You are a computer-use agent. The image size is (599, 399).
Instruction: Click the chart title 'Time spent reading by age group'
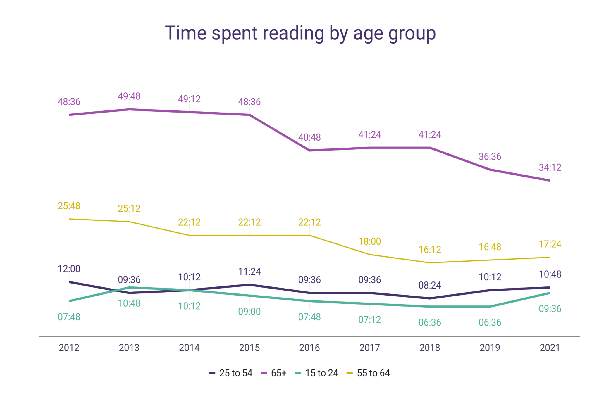[x=300, y=33]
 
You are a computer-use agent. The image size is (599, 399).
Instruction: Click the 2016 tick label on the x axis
[x=309, y=348]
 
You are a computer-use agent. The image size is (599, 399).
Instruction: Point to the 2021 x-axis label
[x=550, y=348]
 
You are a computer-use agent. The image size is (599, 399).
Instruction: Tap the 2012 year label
[x=69, y=348]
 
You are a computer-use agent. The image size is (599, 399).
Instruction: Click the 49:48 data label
[x=129, y=96]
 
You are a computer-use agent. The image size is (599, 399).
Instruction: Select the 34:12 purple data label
[x=550, y=167]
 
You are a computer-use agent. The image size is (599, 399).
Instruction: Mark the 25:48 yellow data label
[x=69, y=206]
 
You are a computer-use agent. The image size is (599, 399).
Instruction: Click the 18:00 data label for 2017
[x=370, y=241]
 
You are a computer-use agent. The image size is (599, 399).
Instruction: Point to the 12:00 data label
[x=69, y=269]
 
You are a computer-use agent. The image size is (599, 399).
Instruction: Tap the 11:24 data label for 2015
[x=249, y=272]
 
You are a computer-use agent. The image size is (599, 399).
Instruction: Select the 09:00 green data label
[x=249, y=312]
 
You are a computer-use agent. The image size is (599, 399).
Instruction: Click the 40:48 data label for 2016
[x=309, y=137]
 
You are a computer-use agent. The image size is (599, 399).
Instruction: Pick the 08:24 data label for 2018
[x=430, y=285]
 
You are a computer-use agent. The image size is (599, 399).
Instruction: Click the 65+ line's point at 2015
[x=249, y=115]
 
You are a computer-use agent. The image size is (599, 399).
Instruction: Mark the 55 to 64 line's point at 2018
[x=430, y=262]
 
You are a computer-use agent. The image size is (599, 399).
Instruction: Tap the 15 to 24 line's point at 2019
[x=490, y=306]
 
